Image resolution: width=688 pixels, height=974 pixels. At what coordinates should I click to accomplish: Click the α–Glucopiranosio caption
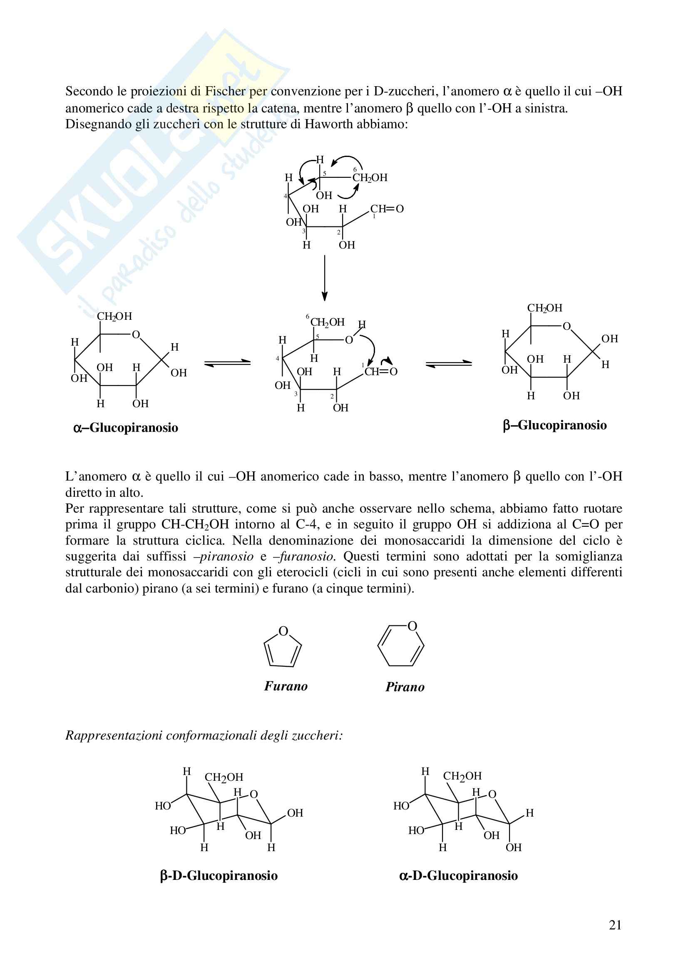click(x=125, y=428)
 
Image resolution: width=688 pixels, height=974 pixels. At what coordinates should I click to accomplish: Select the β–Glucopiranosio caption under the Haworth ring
click(x=554, y=425)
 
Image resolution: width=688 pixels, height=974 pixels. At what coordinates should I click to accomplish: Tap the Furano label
click(x=286, y=686)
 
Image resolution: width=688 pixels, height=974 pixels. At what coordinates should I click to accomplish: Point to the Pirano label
click(x=405, y=687)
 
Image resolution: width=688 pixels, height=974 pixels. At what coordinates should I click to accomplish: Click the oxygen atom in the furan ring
click(x=283, y=631)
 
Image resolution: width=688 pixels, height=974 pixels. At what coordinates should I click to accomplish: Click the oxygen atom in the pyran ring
click(x=412, y=626)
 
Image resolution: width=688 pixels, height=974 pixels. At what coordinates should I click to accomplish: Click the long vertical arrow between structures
click(x=324, y=278)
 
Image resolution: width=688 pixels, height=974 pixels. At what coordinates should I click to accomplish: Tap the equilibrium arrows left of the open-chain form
click(x=228, y=363)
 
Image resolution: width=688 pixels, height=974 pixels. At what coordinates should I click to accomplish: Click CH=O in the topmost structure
click(x=387, y=209)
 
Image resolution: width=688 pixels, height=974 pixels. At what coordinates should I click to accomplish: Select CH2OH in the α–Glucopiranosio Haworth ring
click(x=114, y=316)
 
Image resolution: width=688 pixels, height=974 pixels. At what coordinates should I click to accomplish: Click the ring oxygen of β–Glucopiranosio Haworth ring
click(x=566, y=326)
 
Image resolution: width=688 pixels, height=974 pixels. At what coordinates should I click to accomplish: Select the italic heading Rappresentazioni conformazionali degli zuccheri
click(x=204, y=735)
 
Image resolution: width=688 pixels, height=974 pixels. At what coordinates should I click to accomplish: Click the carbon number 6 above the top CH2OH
click(x=355, y=169)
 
